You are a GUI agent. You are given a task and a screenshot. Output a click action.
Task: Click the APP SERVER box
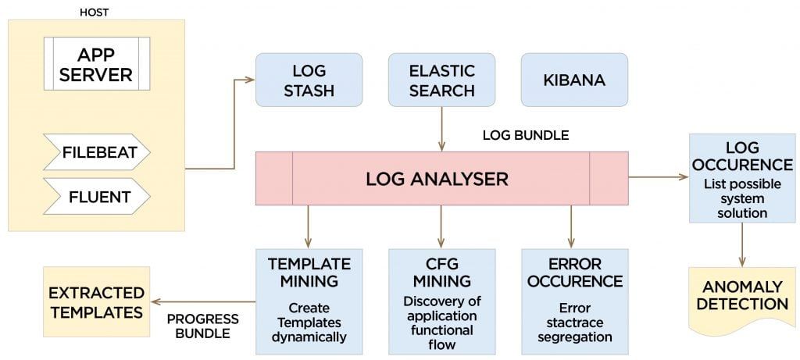(96, 66)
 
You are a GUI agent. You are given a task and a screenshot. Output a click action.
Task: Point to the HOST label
(95, 11)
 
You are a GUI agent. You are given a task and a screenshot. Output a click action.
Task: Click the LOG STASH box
(309, 80)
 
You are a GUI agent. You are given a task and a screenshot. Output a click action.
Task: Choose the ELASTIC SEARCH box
(441, 80)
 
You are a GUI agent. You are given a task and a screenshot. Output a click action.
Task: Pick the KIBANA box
(574, 80)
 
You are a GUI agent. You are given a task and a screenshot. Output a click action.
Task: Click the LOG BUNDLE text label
(526, 135)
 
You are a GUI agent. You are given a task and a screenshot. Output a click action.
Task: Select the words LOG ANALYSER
(437, 179)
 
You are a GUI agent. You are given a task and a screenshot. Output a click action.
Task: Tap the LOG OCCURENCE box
(741, 178)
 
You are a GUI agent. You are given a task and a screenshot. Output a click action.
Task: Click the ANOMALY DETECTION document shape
(741, 294)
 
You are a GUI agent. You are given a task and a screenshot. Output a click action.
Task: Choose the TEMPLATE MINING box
(309, 300)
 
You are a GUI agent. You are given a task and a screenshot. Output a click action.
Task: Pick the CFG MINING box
(441, 300)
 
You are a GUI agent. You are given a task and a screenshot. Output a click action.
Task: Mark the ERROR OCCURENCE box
(574, 300)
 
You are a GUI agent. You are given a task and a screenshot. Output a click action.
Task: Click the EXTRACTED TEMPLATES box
(96, 302)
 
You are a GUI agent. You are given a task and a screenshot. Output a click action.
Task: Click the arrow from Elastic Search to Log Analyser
(441, 129)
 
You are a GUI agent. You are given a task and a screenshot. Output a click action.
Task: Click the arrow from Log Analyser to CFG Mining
(441, 226)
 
